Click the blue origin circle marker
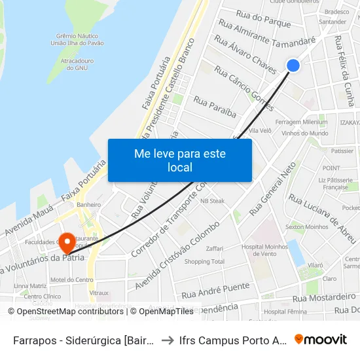293,65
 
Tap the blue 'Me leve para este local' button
180,160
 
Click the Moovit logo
321,339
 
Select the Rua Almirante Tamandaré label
266,33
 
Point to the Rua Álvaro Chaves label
245,56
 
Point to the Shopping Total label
204,262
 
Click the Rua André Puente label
216,287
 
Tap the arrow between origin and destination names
168,340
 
